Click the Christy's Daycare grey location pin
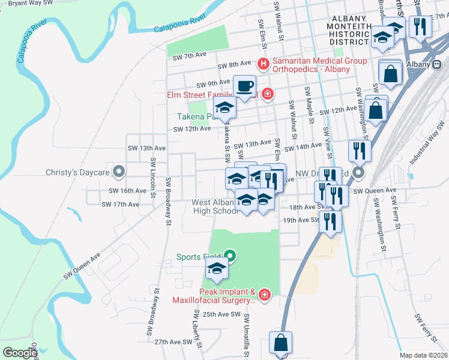coord(119,172)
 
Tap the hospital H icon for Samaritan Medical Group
coord(262,63)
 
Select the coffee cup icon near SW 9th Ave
coord(244,86)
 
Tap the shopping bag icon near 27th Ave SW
coord(280,343)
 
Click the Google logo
coord(20,352)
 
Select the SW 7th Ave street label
coord(189,57)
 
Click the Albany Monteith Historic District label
coord(349,31)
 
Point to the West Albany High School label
coord(215,206)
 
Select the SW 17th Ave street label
coord(120,204)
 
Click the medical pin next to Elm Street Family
coord(267,94)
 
